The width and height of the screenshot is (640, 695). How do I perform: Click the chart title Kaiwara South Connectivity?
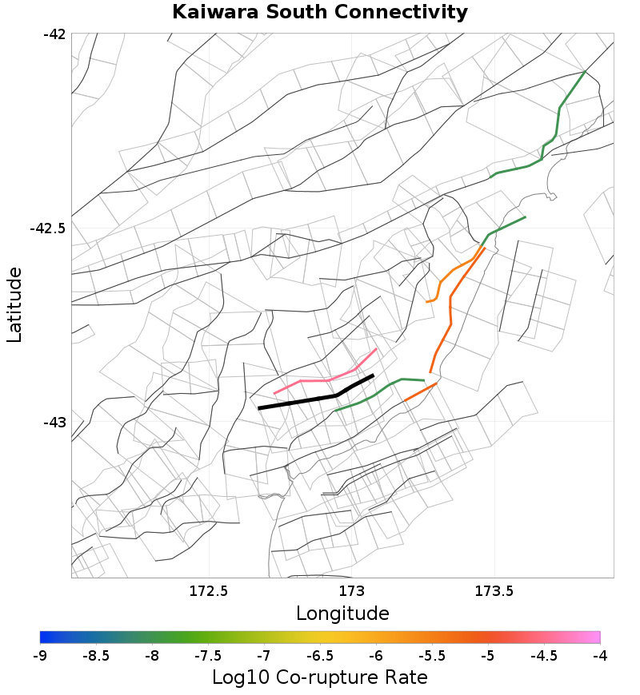click(x=320, y=13)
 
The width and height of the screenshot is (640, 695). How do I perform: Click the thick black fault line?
click(x=304, y=401)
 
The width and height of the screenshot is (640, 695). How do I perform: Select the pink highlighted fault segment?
click(x=320, y=380)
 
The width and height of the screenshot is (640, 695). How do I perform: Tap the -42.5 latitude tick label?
click(x=47, y=228)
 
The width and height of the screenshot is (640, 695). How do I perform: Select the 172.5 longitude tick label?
click(x=210, y=591)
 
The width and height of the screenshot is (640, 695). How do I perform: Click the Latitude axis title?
click(x=14, y=305)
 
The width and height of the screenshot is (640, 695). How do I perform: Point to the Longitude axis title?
click(x=342, y=614)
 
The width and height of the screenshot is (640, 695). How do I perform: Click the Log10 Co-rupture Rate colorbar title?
click(x=320, y=677)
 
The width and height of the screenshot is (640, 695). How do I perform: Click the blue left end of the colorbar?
click(x=44, y=637)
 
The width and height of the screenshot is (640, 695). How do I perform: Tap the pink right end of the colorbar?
click(x=596, y=637)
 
